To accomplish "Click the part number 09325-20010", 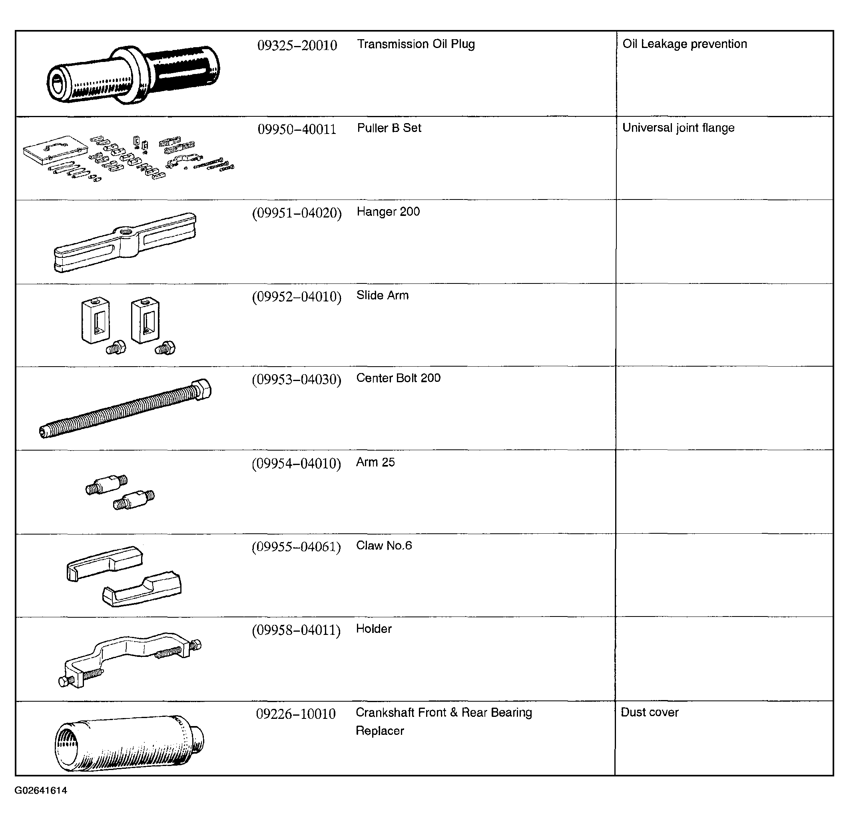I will pyautogui.click(x=297, y=45).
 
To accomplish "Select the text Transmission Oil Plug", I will pyautogui.click(x=416, y=44).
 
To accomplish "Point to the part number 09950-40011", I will pyautogui.click(x=297, y=129).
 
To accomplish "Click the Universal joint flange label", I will pyautogui.click(x=678, y=128).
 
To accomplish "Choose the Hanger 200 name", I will pyautogui.click(x=388, y=211).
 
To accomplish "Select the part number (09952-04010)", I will pyautogui.click(x=297, y=297).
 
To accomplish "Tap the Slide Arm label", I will pyautogui.click(x=383, y=295).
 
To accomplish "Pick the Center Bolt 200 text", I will pyautogui.click(x=398, y=378).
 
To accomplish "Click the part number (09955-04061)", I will pyautogui.click(x=296, y=547).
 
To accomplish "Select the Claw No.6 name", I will pyautogui.click(x=384, y=545).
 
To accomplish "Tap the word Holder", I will pyautogui.click(x=373, y=628).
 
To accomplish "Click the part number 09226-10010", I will pyautogui.click(x=296, y=714).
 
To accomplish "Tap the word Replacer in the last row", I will pyautogui.click(x=379, y=731).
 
